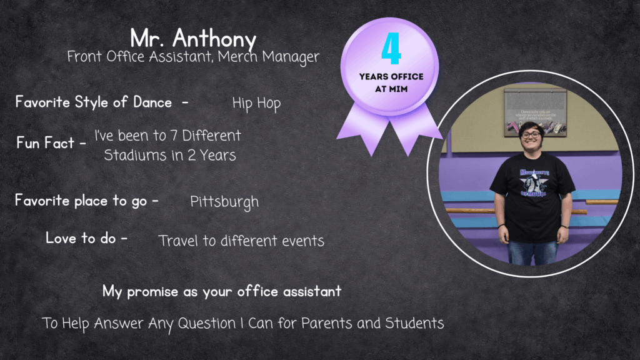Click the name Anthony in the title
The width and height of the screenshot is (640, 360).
pyautogui.click(x=214, y=39)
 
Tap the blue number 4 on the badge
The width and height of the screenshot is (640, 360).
pyautogui.click(x=391, y=49)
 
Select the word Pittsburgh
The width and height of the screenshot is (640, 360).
pyautogui.click(x=224, y=202)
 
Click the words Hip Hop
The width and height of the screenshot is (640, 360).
pyautogui.click(x=256, y=104)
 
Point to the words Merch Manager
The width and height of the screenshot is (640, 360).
pyautogui.click(x=269, y=57)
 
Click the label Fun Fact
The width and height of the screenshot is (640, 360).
pyautogui.click(x=45, y=143)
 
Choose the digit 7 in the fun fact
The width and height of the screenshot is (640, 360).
pyautogui.click(x=174, y=136)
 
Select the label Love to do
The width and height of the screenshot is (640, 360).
pyautogui.click(x=81, y=238)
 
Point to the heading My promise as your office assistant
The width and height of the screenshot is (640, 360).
pyautogui.click(x=222, y=291)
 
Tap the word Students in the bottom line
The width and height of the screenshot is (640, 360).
pyautogui.click(x=414, y=323)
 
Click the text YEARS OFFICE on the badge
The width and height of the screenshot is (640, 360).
pyautogui.click(x=391, y=76)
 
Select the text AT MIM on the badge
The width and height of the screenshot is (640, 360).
pyautogui.click(x=391, y=89)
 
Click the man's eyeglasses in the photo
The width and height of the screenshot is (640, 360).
pyautogui.click(x=531, y=134)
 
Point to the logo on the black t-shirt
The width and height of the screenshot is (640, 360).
pyautogui.click(x=534, y=183)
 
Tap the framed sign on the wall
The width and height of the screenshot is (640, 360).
pyautogui.click(x=535, y=112)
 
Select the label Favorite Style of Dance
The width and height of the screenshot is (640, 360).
pyautogui.click(x=94, y=102)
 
